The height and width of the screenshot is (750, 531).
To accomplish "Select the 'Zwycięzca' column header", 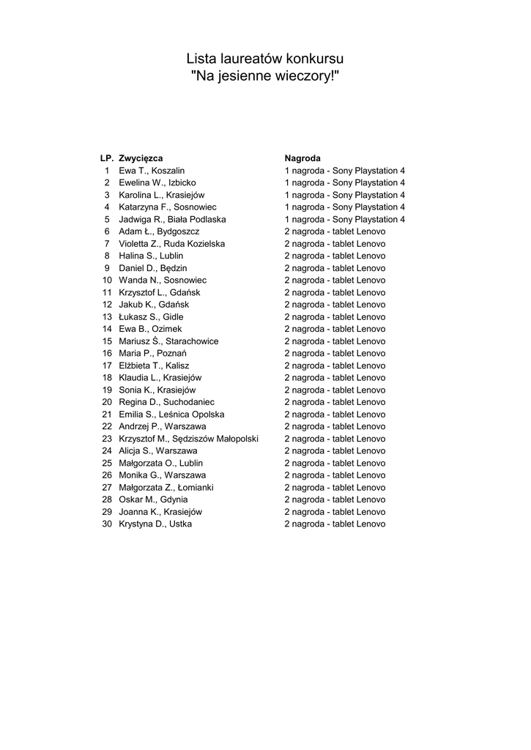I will pos(141,158).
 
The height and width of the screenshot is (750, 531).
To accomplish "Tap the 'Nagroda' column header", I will pos(302,158).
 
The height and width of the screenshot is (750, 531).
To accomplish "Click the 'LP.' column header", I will pos(107,158).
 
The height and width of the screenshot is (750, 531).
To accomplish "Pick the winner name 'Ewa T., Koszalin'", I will pos(152,171).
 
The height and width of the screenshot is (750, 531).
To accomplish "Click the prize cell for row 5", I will pos(345,219).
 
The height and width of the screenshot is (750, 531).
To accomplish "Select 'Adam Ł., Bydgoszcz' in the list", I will pos(159,231).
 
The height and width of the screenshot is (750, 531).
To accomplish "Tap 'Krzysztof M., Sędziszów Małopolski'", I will pos(188,439).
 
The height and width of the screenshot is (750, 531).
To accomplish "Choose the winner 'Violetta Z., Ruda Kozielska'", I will pos(172,243).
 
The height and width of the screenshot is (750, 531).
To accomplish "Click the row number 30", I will pos(107,524).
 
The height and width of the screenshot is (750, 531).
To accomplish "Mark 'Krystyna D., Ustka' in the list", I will pos(155,524).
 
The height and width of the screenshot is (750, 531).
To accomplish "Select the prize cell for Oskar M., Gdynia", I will pos(335,500).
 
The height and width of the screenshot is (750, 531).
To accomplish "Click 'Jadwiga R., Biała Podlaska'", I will pos(172,219).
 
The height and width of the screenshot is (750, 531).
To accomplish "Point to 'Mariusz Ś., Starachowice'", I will pos(168,341).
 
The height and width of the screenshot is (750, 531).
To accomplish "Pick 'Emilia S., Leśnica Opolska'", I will pos(171,415).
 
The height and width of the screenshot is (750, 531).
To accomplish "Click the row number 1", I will pos(107,171).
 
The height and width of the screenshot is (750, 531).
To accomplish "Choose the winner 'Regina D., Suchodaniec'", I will pos(166,402).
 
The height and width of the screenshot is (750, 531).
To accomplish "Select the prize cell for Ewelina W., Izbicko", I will pos(345,182).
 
